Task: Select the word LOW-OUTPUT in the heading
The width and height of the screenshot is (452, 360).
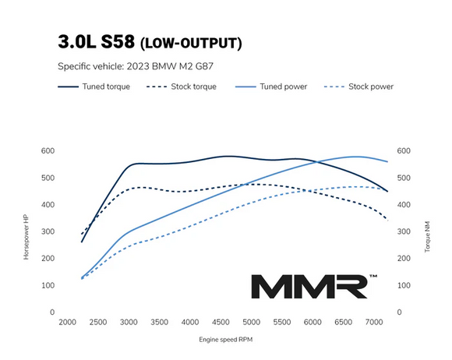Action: tap(195, 41)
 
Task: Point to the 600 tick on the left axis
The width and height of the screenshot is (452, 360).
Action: tap(48, 150)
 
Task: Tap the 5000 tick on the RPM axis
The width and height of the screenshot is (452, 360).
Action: tap(251, 322)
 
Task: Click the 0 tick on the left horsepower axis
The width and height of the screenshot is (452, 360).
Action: tap(52, 312)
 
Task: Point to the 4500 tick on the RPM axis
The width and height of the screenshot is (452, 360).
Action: tap(220, 322)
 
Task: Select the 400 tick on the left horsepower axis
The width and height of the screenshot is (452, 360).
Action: tap(48, 204)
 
